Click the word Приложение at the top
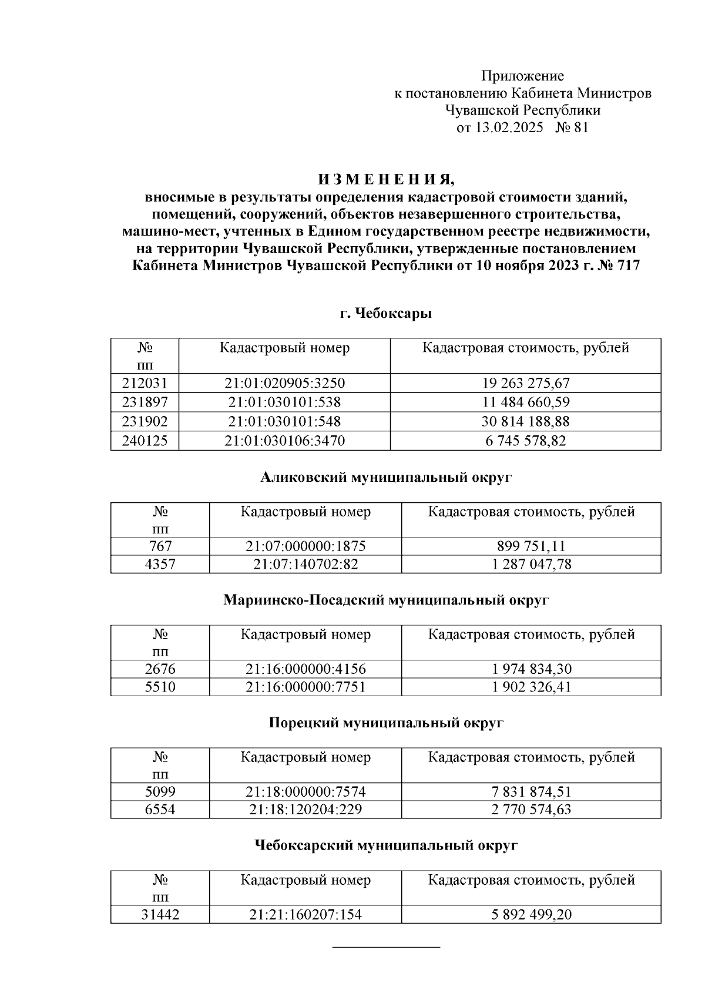522,76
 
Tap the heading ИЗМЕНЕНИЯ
386,179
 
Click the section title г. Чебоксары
386,314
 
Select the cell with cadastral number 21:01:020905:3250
284,384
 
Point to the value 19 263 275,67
525,384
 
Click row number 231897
145,402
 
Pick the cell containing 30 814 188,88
525,422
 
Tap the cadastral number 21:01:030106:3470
284,441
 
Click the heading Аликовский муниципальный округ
386,478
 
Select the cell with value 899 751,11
531,546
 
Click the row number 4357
160,565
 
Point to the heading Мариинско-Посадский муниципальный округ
386,600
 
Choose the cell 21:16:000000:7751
305,687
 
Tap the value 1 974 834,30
531,669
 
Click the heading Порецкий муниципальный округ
386,723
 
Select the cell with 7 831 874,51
531,792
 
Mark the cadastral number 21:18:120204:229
305,810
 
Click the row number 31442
160,915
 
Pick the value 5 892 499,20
531,915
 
